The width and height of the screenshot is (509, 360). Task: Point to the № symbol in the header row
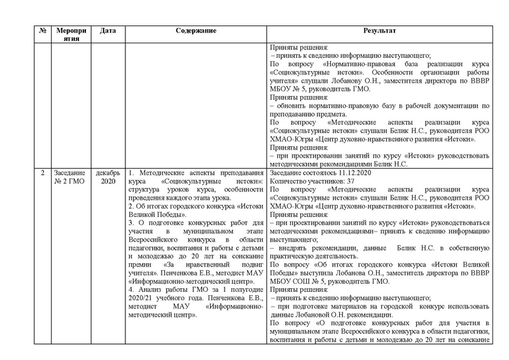click(41, 31)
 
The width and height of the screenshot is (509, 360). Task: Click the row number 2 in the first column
click(41, 173)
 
